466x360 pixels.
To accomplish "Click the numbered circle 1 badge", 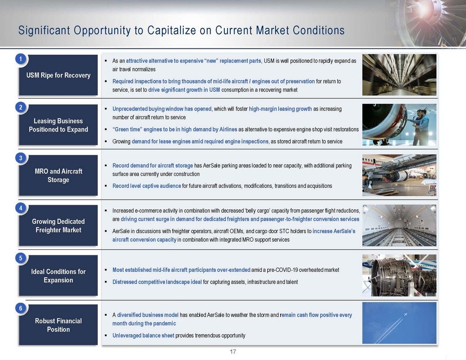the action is (x=21, y=58).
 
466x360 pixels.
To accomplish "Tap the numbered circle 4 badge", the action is (x=21, y=208).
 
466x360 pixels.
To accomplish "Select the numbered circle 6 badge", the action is (x=21, y=308).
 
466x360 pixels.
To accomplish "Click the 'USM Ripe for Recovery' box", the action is (x=58, y=75).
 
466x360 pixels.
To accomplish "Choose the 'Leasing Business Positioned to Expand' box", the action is (x=58, y=125).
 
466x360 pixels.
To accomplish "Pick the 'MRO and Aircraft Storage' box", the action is (x=58, y=175).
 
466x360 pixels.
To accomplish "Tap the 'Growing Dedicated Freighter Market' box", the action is (x=58, y=225).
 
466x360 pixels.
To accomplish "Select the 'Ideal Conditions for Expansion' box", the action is (x=58, y=275).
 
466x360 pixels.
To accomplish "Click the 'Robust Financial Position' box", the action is (x=58, y=325).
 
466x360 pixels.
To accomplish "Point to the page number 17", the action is (x=233, y=352).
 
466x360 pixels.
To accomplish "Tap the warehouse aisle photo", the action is (x=399, y=74).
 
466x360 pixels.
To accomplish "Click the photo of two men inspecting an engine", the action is (x=399, y=125).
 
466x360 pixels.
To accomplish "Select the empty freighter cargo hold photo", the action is (x=399, y=225).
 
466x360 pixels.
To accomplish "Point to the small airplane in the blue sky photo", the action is (x=405, y=314).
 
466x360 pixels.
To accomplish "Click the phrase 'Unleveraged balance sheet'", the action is (x=143, y=336).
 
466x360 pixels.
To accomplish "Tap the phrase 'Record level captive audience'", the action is (x=147, y=186).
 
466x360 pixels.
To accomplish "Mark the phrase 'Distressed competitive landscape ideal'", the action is (x=157, y=282).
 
